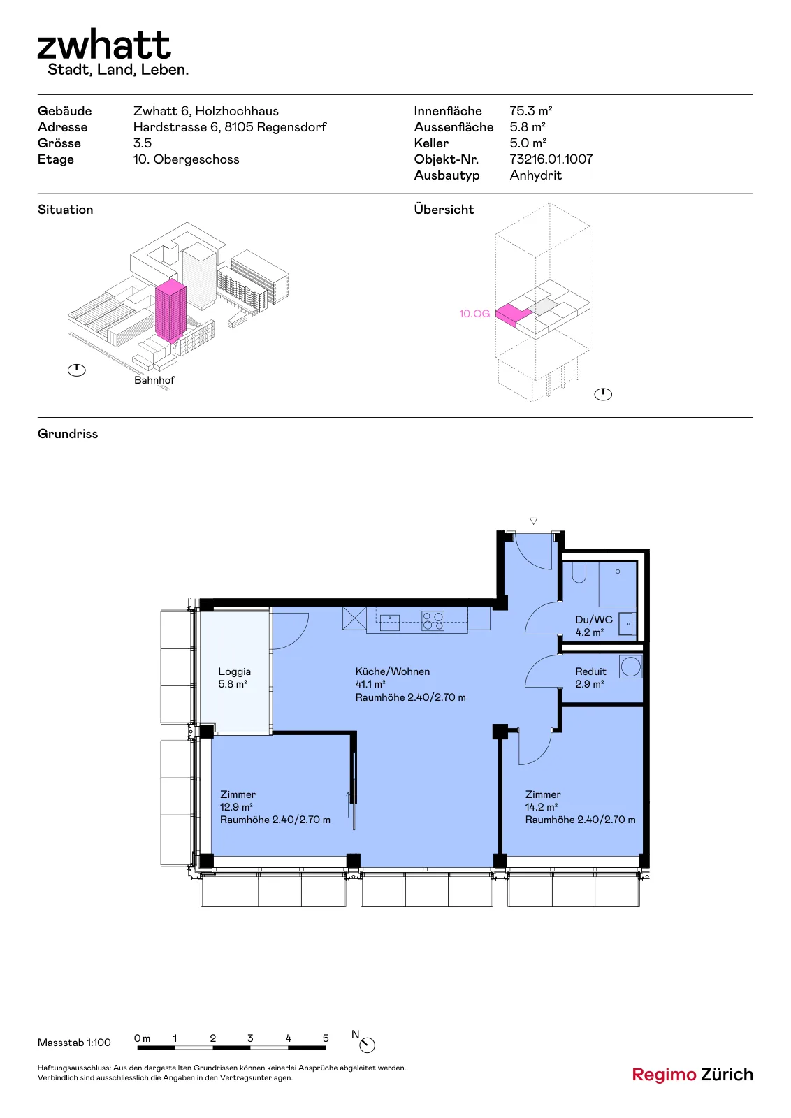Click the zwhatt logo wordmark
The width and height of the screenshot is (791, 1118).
[104, 45]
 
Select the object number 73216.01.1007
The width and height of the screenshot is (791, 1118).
[551, 159]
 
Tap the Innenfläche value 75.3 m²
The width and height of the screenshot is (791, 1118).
[530, 111]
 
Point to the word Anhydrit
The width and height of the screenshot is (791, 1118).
[535, 175]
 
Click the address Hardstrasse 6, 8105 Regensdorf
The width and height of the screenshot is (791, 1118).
[230, 126]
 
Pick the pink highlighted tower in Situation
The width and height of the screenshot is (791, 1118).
[170, 310]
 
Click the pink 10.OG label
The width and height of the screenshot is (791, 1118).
[474, 314]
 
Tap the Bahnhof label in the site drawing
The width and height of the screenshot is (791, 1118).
[154, 380]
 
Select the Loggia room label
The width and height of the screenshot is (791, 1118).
[234, 671]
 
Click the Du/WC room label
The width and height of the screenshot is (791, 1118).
[594, 619]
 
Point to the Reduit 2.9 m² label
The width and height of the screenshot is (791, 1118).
[591, 677]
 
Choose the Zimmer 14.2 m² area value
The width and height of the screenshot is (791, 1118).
[541, 806]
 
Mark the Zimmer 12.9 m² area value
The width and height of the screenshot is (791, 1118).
[236, 806]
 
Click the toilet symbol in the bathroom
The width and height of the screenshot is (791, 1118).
[579, 572]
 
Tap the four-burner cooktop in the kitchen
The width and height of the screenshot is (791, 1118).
[433, 621]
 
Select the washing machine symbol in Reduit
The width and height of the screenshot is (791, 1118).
[631, 667]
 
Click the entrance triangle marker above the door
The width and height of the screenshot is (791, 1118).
[533, 521]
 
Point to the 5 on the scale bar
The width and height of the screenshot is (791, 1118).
[326, 1038]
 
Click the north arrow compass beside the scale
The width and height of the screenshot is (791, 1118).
[367, 1045]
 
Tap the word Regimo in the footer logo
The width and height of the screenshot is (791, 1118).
[664, 1075]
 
